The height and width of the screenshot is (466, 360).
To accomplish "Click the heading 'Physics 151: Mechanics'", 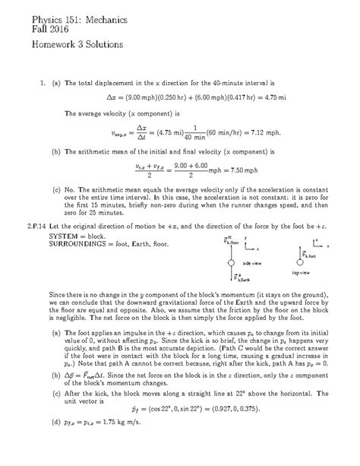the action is pos(64,15).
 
